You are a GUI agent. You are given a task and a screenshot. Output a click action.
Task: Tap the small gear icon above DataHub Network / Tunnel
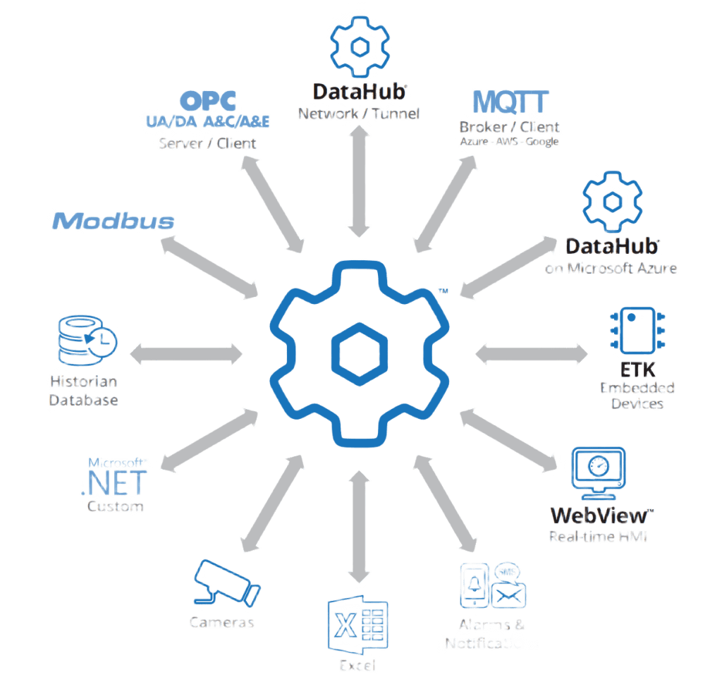(360, 46)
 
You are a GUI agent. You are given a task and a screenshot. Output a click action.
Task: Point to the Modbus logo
(114, 221)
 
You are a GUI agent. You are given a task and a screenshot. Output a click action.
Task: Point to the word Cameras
(221, 623)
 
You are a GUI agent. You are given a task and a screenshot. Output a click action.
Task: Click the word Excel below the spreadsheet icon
(357, 666)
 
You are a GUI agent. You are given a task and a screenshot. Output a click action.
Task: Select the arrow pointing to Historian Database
(187, 353)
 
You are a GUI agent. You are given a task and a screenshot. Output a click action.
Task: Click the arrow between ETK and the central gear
(532, 353)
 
